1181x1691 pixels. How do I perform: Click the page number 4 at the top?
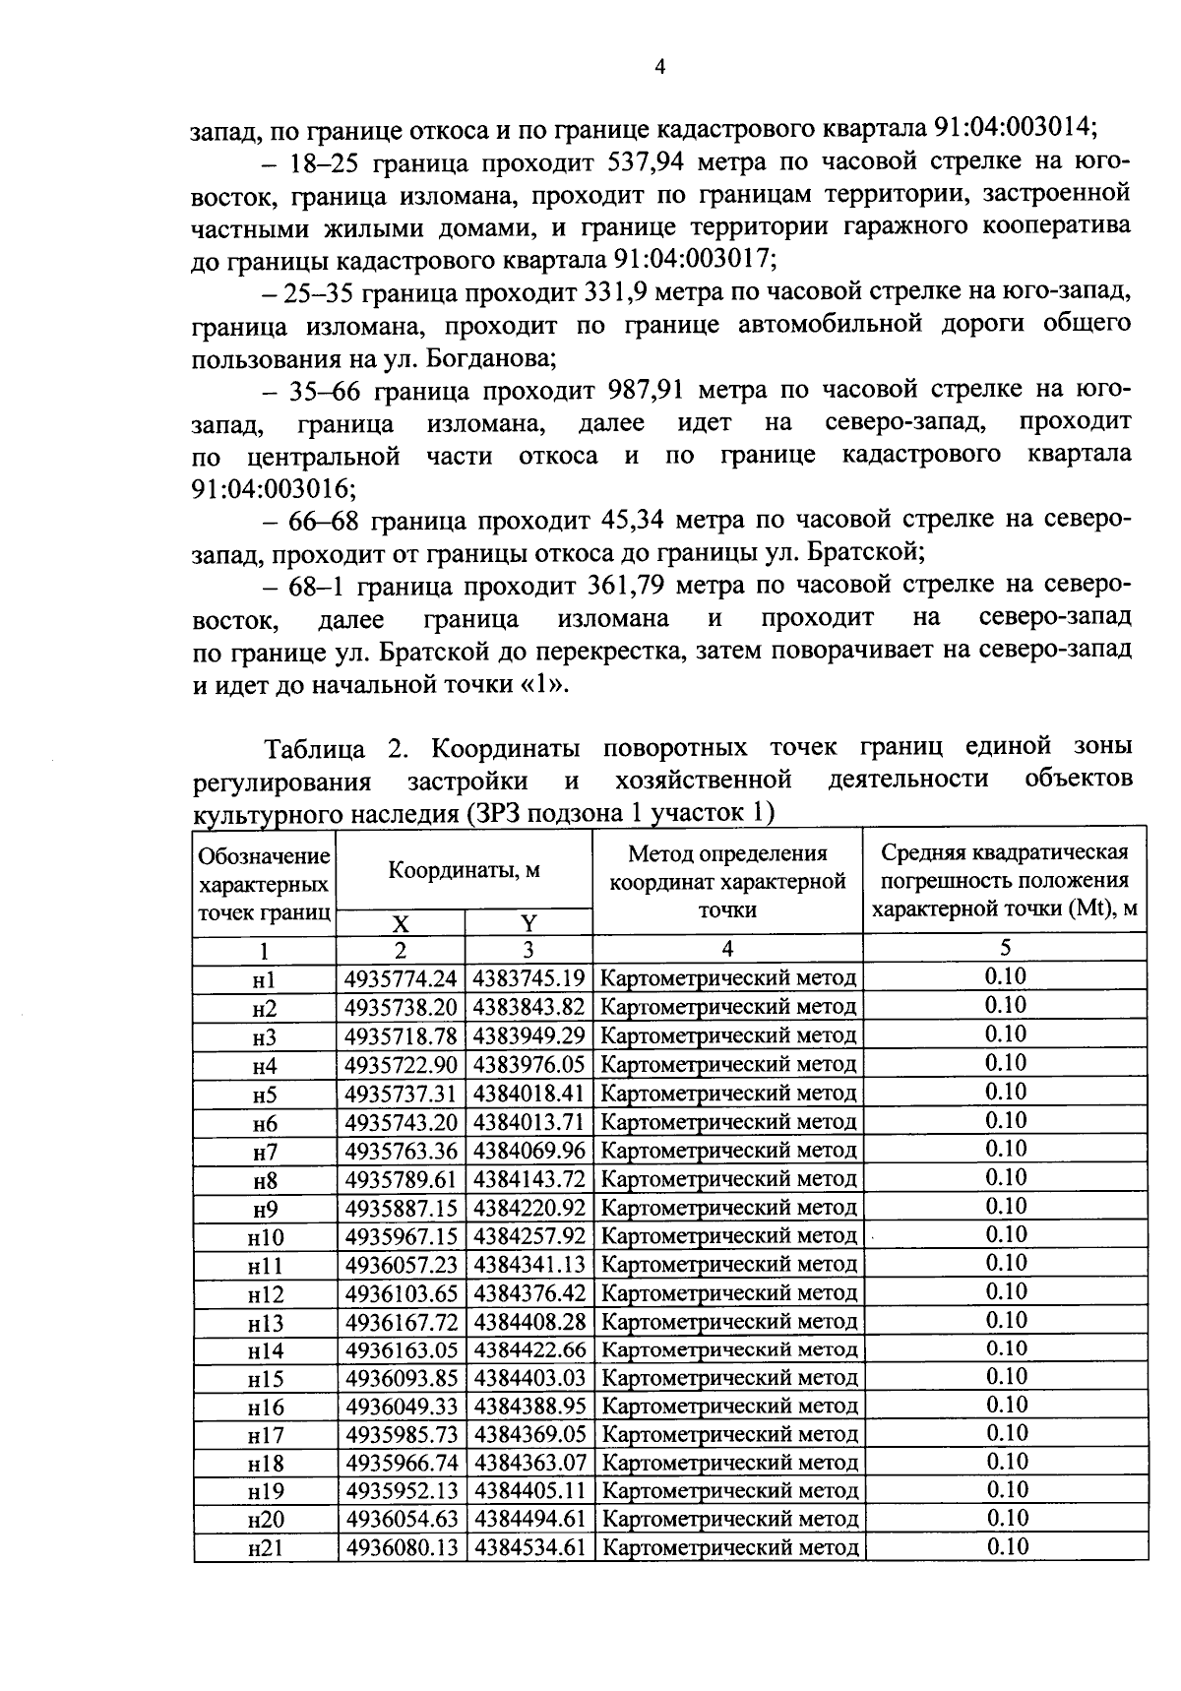[x=660, y=67]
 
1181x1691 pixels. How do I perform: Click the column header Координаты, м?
[x=464, y=870]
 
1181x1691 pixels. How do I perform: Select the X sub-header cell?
[x=401, y=923]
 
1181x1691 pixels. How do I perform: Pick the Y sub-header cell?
[x=528, y=923]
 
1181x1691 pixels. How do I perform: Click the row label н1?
[x=264, y=979]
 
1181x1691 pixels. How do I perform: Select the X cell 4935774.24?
[x=401, y=979]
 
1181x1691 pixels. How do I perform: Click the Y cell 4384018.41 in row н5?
[x=529, y=1094]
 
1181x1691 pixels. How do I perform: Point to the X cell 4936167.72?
[x=401, y=1321]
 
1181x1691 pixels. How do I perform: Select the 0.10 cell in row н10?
[x=1005, y=1235]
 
